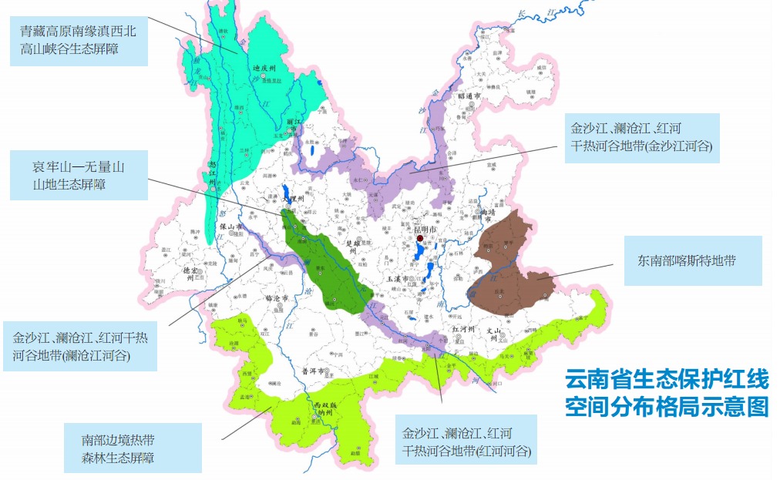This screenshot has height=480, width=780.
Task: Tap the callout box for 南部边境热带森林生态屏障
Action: point(132,448)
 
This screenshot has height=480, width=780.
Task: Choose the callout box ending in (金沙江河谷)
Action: point(641,137)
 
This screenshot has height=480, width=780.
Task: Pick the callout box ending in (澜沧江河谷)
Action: point(79,347)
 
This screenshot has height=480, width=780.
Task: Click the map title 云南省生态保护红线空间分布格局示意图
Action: point(667,392)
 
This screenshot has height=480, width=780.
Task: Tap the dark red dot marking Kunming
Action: point(420,240)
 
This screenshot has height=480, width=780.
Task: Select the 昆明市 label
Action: point(422,230)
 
